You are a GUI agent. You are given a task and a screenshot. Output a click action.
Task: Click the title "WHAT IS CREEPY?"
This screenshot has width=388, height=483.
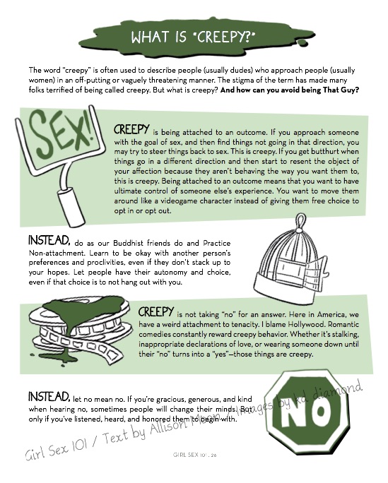[x=193, y=37]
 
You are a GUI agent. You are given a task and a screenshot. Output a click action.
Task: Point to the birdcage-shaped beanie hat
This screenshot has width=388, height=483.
[x=291, y=259]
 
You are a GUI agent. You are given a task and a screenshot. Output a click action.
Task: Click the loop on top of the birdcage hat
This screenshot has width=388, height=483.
[x=301, y=222]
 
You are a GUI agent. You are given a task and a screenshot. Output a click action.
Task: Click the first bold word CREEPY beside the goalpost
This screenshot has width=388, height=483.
[x=131, y=130]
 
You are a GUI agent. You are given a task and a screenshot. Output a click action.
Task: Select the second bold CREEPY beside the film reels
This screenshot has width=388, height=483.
[x=156, y=312]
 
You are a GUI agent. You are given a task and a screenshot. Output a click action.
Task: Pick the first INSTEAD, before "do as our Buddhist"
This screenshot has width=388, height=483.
[x=49, y=240]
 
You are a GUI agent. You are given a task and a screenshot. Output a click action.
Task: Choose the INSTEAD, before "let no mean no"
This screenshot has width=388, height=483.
[x=49, y=396]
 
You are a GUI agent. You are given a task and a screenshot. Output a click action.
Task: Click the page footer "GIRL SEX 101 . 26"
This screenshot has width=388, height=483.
[x=195, y=455]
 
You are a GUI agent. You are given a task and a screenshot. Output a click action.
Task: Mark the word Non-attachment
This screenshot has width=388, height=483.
[x=52, y=254]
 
